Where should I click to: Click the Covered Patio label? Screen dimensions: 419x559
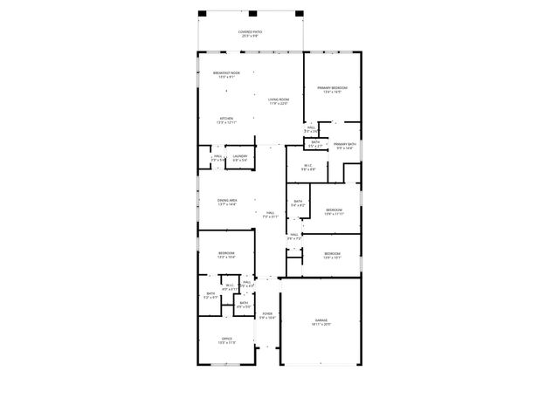(x=250, y=34)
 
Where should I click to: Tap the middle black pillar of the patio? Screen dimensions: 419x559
(x=252, y=13)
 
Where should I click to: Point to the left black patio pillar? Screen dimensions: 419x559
(x=202, y=13)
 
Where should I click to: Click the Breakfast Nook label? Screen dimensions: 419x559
(x=225, y=75)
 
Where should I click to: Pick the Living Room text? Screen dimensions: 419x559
(x=279, y=101)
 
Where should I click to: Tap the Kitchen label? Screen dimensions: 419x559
(x=225, y=120)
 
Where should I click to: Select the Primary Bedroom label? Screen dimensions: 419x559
(x=333, y=90)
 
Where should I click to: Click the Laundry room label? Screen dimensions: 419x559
(x=239, y=158)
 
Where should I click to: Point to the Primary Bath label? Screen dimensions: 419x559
(x=345, y=146)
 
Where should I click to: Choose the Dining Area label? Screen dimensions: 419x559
(x=227, y=203)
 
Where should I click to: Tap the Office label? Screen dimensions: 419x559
(x=226, y=340)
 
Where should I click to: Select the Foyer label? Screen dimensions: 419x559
(x=267, y=315)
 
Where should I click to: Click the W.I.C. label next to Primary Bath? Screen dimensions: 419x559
(x=307, y=168)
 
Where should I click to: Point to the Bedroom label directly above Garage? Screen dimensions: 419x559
(x=332, y=256)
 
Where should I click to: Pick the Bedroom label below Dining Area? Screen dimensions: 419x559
(x=226, y=255)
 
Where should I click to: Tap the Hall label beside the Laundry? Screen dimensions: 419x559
(x=217, y=158)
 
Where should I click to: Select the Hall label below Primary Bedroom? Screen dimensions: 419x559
(x=310, y=129)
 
